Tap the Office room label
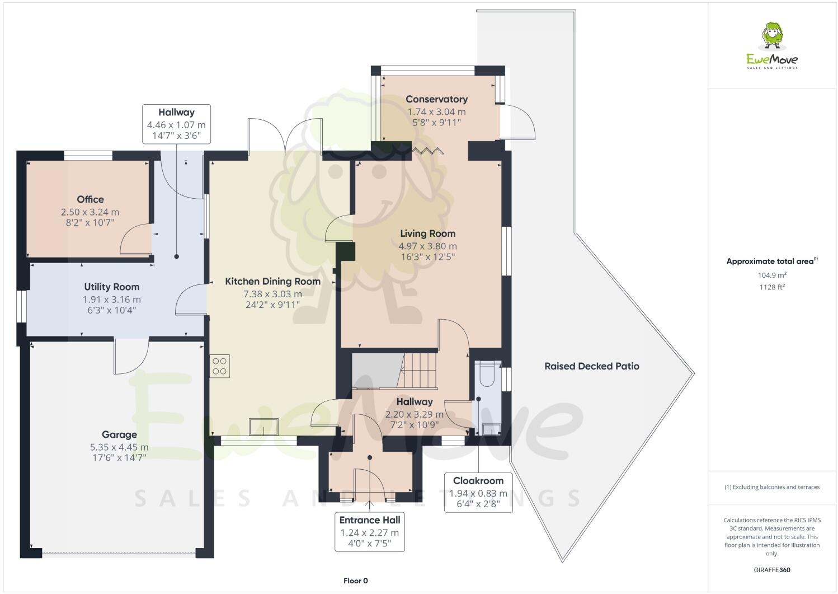click(90, 199)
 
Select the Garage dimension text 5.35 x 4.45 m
click(119, 447)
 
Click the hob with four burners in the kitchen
click(220, 366)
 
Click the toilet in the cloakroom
click(486, 375)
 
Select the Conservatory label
click(436, 99)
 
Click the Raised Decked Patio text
click(591, 366)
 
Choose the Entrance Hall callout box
click(370, 531)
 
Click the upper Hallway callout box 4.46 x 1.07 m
click(176, 124)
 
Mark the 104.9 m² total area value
click(772, 275)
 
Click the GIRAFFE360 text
click(772, 570)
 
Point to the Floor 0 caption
click(355, 581)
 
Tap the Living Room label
click(427, 233)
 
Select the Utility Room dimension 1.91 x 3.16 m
click(112, 300)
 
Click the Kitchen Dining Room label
click(272, 282)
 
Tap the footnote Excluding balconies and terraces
click(772, 487)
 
